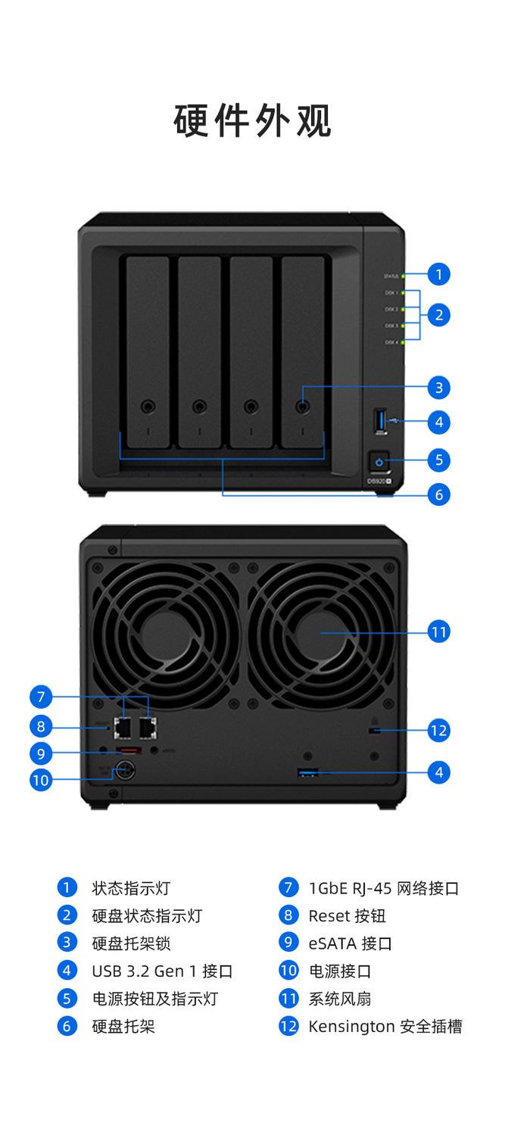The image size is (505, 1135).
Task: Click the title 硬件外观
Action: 252,121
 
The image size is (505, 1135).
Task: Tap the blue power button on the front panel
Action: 379,460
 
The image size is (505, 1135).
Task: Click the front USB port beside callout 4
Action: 379,421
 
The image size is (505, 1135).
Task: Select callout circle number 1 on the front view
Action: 439,274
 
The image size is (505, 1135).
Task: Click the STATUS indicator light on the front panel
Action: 404,276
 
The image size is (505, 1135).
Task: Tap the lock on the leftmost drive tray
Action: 148,406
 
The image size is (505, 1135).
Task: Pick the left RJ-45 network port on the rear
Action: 123,727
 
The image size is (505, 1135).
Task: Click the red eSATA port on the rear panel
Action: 127,751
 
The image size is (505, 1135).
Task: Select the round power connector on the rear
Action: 122,772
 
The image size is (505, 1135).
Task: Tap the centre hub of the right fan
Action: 321,631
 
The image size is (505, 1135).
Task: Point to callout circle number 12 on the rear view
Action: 439,730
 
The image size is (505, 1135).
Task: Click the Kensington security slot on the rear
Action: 374,730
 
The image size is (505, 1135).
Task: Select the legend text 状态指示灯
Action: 131,888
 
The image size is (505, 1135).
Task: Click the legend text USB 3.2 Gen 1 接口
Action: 161,971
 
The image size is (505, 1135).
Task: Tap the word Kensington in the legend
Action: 351,1027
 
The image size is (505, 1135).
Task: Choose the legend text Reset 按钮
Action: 347,915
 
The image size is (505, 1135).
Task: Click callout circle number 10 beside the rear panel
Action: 41,779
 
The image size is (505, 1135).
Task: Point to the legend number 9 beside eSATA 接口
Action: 288,943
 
